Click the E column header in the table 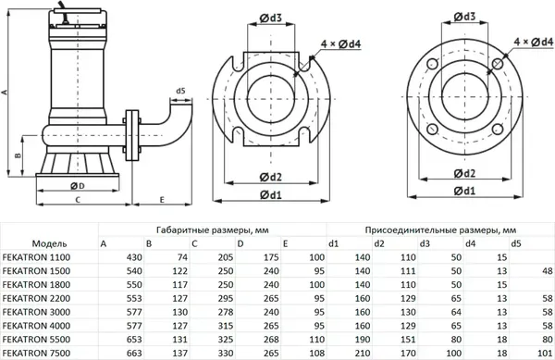point(286,242)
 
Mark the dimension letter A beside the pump point(6,93)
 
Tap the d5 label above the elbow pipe point(179,91)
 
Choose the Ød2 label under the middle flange point(271,175)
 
